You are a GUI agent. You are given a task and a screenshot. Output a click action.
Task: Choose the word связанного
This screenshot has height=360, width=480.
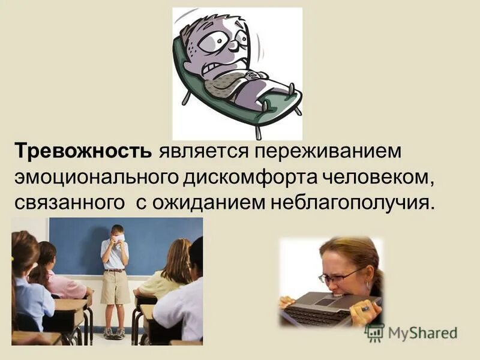(67, 203)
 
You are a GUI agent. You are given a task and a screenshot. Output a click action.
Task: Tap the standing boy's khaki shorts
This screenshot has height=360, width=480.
(115, 287)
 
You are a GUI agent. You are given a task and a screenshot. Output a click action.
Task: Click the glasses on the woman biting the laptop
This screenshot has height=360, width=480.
(339, 276)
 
